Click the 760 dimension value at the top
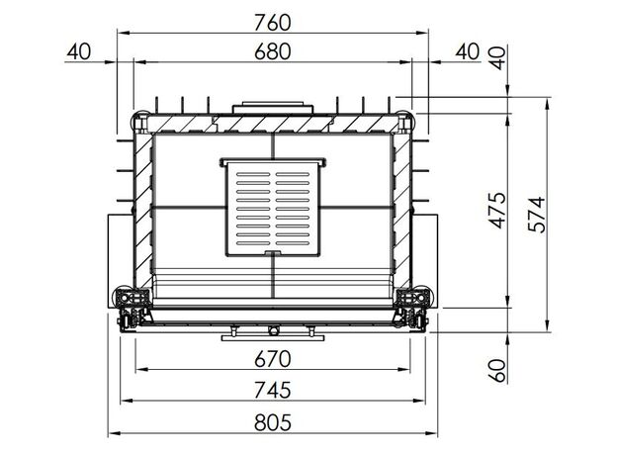click(272, 23)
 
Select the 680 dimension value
click(272, 52)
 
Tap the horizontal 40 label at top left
click(79, 52)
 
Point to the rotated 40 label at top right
click(498, 57)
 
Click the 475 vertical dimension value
click(498, 210)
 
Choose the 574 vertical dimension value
click(537, 214)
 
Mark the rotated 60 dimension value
click(498, 370)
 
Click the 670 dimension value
click(272, 359)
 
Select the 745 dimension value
click(272, 390)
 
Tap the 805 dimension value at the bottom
click(272, 422)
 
